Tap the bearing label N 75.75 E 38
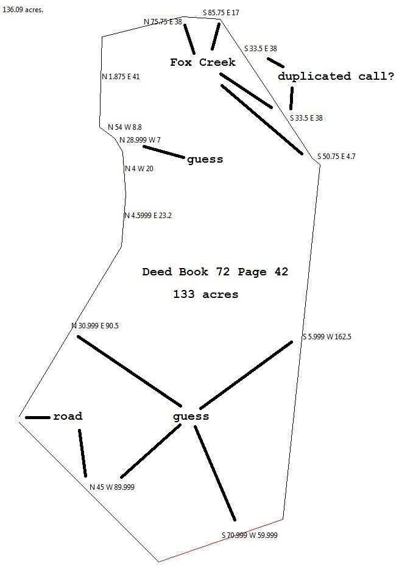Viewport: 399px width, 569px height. point(163,22)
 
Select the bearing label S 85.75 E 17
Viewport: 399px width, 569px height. point(221,12)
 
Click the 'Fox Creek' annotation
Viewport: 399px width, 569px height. point(202,62)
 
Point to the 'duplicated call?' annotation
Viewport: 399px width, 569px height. point(336,76)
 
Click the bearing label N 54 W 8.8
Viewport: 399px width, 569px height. point(125,127)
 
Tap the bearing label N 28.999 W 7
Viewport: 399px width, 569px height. point(140,140)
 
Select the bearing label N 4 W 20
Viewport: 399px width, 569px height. point(139,169)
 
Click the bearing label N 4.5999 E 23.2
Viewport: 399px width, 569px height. point(148,215)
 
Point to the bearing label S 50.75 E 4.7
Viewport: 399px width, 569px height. point(336,157)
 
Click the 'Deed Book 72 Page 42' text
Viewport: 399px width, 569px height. point(215,272)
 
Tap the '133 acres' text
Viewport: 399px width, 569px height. point(205,294)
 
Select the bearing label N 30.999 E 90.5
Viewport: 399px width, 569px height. point(95,326)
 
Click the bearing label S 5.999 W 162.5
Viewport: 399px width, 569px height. point(327,337)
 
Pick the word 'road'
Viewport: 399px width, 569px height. point(68,417)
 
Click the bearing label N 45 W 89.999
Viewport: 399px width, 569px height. point(112,487)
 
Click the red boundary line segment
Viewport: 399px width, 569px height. point(221,540)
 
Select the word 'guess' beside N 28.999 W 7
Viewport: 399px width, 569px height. point(205,160)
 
